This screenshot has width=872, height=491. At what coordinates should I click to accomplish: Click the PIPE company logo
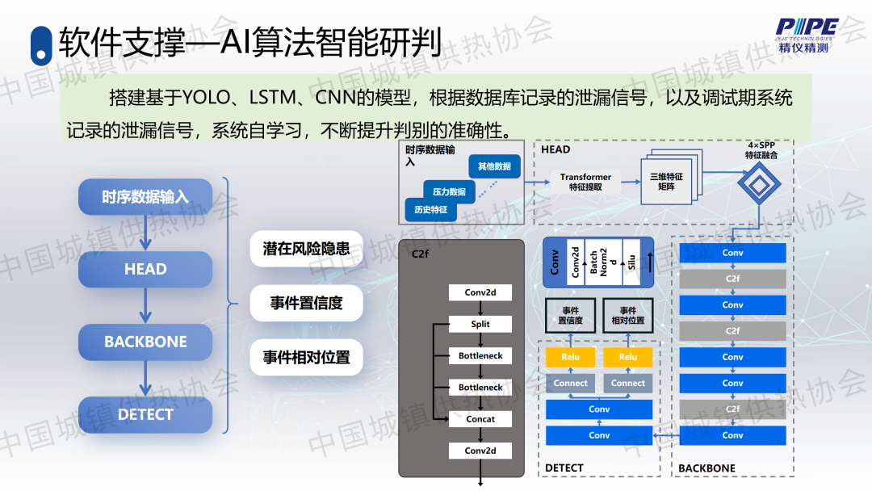click(x=807, y=33)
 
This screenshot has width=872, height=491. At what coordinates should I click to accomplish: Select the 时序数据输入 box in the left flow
click(x=145, y=197)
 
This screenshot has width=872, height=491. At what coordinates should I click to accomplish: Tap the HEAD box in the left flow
click(x=145, y=269)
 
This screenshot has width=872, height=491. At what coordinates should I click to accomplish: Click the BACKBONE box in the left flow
click(x=145, y=342)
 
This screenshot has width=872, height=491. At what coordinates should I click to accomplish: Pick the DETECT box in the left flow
click(x=145, y=414)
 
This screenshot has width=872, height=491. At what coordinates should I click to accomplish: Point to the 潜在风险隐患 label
click(x=306, y=248)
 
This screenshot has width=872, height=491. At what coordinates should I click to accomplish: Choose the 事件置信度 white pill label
click(x=306, y=303)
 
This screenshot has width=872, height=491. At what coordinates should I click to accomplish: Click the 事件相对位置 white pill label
click(x=306, y=357)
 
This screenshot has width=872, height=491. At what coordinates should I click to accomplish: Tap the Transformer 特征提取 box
click(x=585, y=182)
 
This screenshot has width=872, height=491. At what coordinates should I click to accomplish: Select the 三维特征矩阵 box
click(x=666, y=181)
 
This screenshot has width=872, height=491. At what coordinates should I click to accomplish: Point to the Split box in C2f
click(x=480, y=324)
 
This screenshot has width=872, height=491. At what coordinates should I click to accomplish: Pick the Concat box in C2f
click(x=480, y=419)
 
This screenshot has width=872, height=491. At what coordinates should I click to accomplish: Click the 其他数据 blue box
click(x=494, y=166)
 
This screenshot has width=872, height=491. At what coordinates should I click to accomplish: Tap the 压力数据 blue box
click(x=449, y=192)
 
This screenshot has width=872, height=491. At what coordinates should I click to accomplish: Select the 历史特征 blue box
click(x=430, y=210)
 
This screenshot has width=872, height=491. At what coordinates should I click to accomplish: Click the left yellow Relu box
click(x=570, y=357)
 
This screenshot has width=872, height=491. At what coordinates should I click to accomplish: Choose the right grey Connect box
click(x=628, y=383)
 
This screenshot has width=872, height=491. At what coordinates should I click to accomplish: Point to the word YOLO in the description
click(x=206, y=99)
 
